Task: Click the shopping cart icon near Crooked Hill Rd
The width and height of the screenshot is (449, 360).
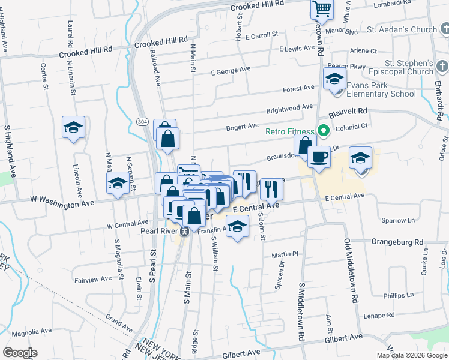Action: point(322,9)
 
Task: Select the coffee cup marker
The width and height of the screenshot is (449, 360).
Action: point(319,157)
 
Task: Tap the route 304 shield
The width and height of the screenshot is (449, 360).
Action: point(142,122)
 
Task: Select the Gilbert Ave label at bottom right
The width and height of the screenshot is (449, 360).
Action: point(344,339)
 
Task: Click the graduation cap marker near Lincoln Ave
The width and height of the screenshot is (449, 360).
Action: point(73,127)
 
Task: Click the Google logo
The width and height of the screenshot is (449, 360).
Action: point(20,352)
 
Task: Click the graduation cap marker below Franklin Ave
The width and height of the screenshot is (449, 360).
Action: point(238,227)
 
